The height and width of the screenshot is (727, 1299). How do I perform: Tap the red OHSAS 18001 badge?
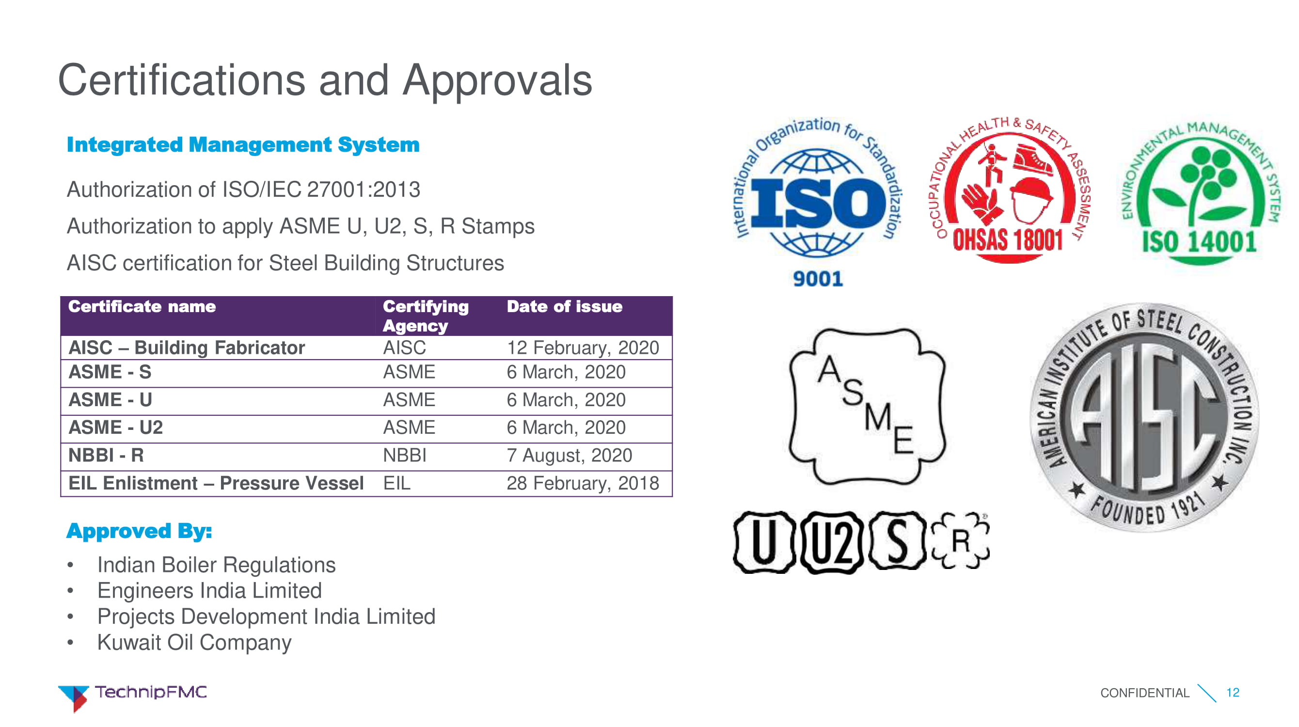pyautogui.click(x=1009, y=191)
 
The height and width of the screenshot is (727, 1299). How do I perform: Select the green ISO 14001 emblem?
pyautogui.click(x=1199, y=194)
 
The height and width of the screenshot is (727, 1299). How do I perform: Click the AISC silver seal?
pyautogui.click(x=1144, y=417)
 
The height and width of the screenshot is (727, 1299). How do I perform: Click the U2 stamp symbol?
pyautogui.click(x=832, y=542)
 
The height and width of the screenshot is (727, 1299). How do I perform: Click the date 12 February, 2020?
pyautogui.click(x=583, y=348)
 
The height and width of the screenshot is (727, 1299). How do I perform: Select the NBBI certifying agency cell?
pyautogui.click(x=404, y=455)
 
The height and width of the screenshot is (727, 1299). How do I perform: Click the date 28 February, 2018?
pyautogui.click(x=583, y=484)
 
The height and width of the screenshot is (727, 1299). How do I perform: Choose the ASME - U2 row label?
pyautogui.click(x=115, y=427)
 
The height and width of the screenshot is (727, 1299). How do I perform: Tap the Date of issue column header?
pyautogui.click(x=564, y=306)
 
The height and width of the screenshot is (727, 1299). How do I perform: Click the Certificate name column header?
pyautogui.click(x=142, y=306)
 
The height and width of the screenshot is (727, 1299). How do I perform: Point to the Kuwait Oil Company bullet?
pyautogui.click(x=194, y=643)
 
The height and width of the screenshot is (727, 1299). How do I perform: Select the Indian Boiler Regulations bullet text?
pyautogui.click(x=216, y=565)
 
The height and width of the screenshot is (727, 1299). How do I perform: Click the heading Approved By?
pyautogui.click(x=139, y=531)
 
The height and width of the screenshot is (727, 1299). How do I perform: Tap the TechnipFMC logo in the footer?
pyautogui.click(x=132, y=697)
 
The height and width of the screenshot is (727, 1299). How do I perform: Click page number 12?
pyautogui.click(x=1233, y=693)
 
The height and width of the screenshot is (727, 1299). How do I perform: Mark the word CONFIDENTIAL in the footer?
pyautogui.click(x=1145, y=693)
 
